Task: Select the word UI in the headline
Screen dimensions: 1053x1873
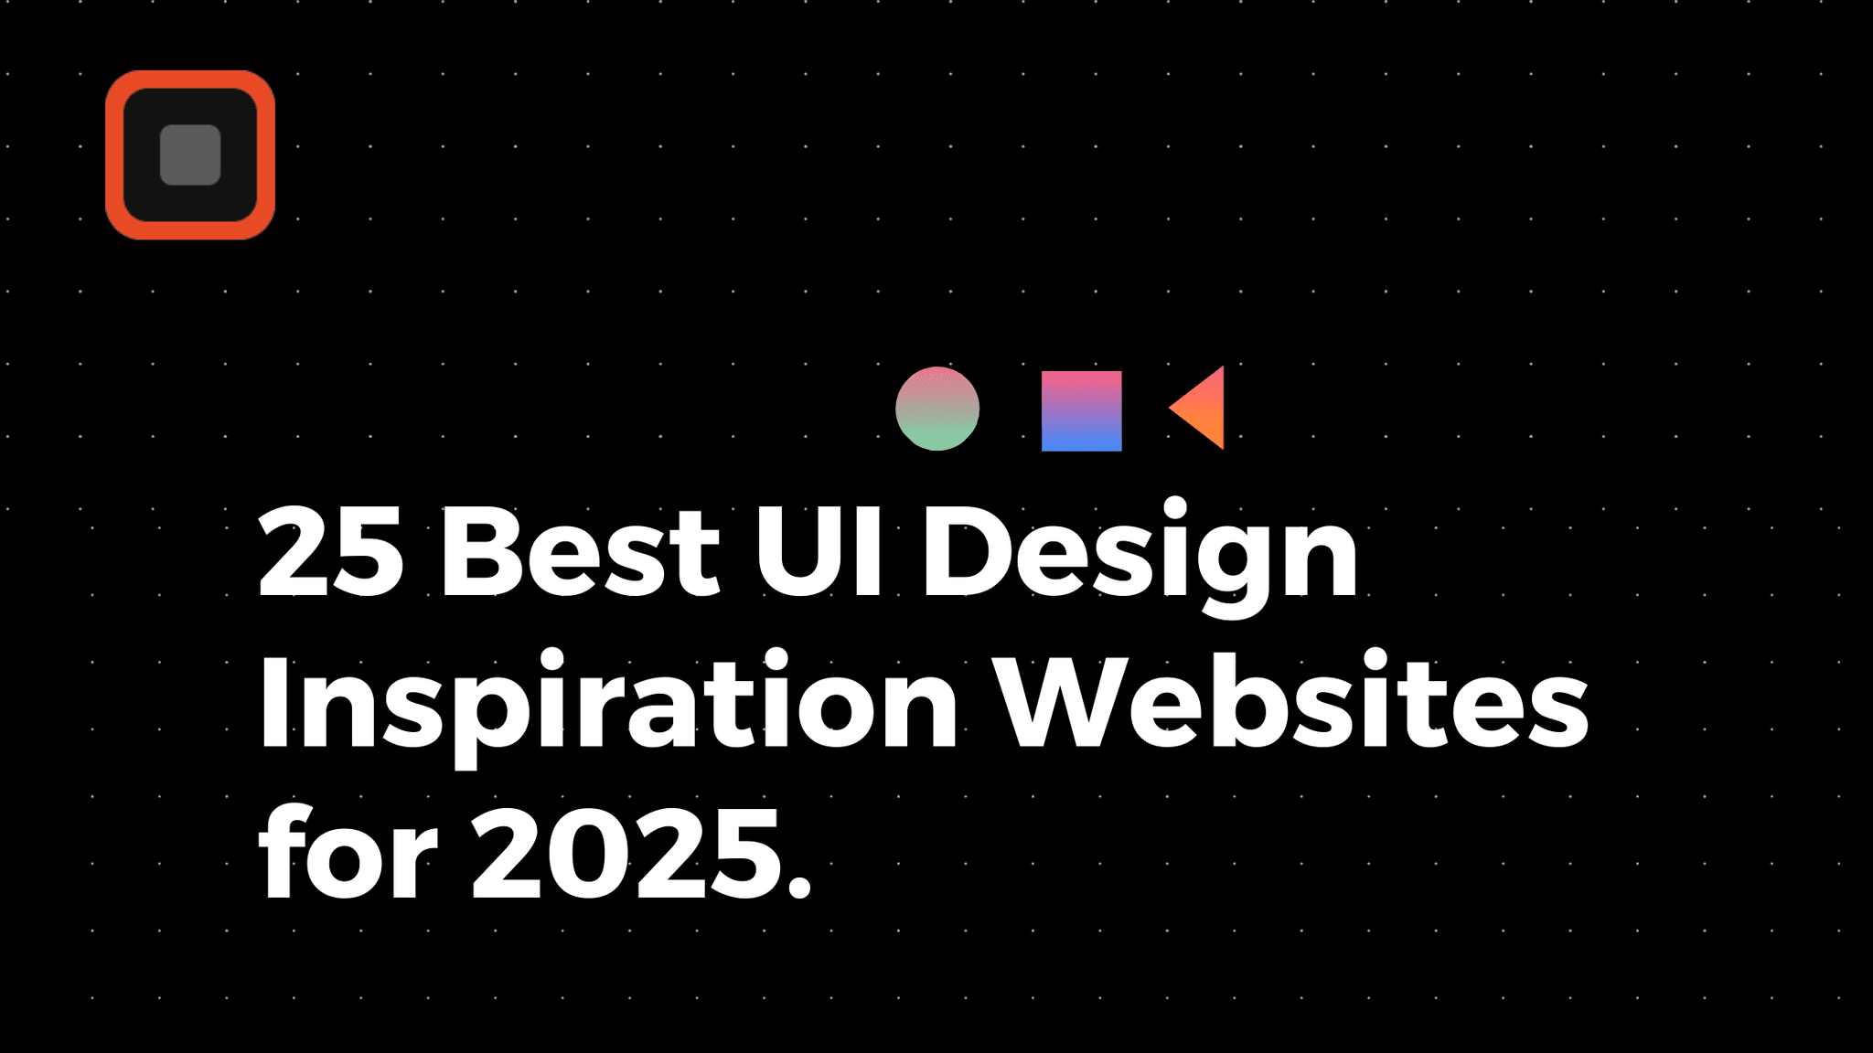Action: [x=819, y=551]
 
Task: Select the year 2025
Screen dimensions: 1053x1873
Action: [x=627, y=855]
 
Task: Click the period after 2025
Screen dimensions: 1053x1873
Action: [x=798, y=886]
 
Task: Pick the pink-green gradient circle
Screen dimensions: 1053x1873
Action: [x=937, y=409]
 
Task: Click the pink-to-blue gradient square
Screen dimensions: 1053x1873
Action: [x=1081, y=410]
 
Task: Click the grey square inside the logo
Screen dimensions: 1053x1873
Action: [x=190, y=154]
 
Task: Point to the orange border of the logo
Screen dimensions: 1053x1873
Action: [x=115, y=155]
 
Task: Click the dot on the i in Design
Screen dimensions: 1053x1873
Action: [x=1174, y=507]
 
